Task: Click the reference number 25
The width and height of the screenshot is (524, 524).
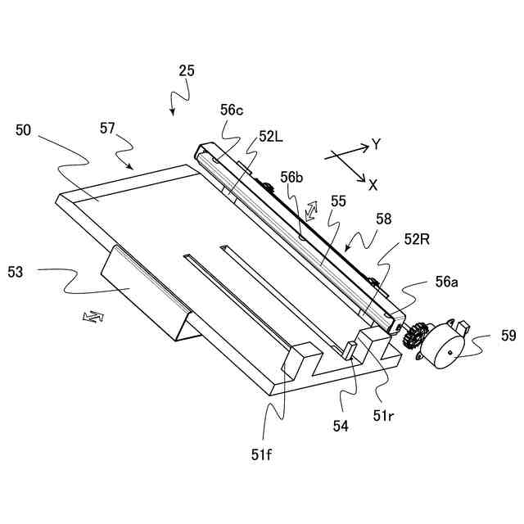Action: point(187,71)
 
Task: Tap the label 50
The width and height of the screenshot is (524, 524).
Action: point(24,129)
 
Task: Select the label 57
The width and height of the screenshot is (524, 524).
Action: point(108,128)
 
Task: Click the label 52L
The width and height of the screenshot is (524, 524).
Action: point(271,138)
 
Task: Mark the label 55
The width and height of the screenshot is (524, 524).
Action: point(338,200)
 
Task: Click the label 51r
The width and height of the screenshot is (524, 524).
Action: point(384,415)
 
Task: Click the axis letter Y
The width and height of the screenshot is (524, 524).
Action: point(376,145)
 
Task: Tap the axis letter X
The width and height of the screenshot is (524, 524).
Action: point(373,185)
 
